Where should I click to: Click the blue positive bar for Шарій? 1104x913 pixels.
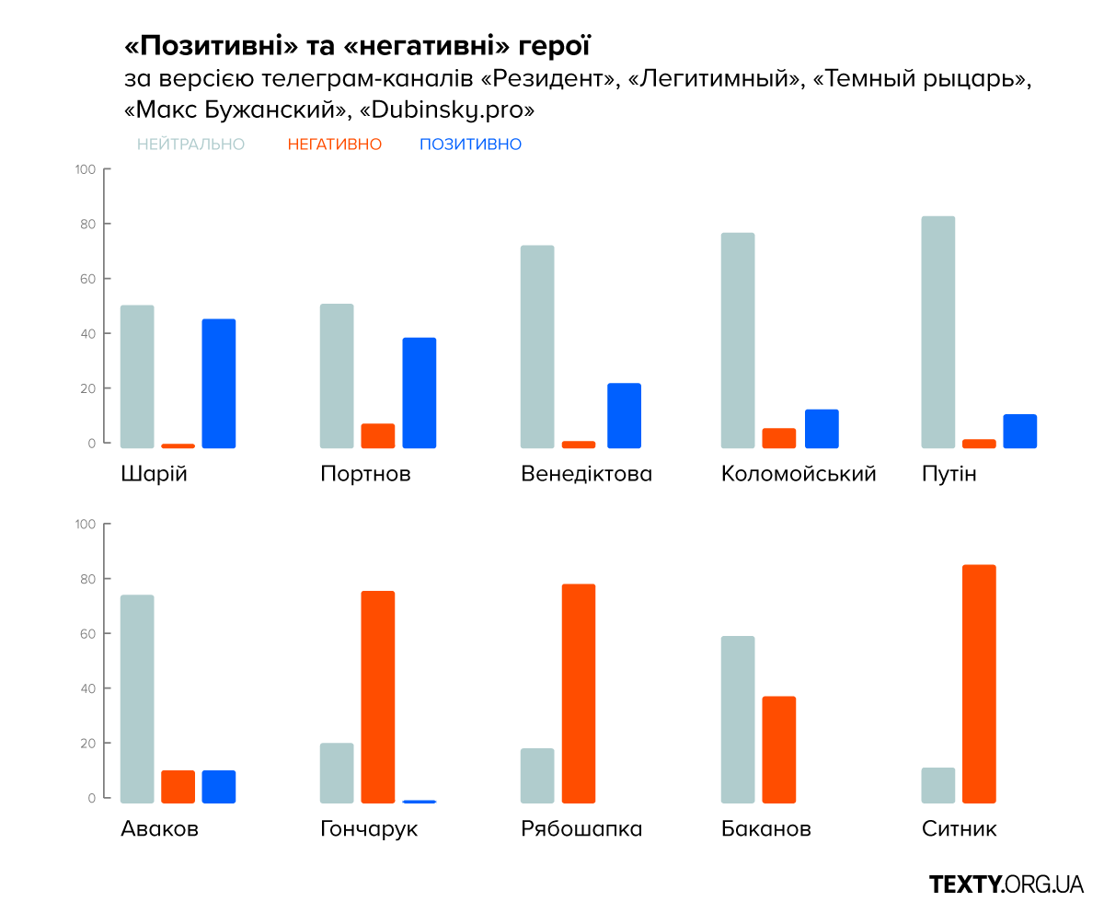[x=219, y=383]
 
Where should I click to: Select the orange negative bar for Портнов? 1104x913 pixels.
[x=377, y=435]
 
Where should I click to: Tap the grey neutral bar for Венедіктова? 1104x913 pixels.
[x=537, y=346]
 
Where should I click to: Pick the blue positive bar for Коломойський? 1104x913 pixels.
[x=822, y=428]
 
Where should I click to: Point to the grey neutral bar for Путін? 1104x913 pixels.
[x=938, y=331]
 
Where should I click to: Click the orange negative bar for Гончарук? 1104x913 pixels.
[x=377, y=697]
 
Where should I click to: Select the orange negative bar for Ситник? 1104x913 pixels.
[x=979, y=683]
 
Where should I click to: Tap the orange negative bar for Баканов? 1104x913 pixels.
[x=778, y=749]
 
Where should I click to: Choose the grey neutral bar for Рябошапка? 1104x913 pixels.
[x=537, y=775]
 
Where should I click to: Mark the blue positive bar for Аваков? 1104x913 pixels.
[x=219, y=786]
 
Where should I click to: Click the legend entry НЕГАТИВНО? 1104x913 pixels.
[x=334, y=144]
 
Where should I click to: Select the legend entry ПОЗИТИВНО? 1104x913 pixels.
[x=470, y=144]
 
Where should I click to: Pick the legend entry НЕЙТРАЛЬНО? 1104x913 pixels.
[x=190, y=144]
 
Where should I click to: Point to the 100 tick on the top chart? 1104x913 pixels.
[x=86, y=169]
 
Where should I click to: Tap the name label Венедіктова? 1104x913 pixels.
[x=586, y=474]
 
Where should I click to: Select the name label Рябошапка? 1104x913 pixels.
[x=581, y=829]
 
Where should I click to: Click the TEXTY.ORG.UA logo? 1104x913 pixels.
[x=1006, y=884]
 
